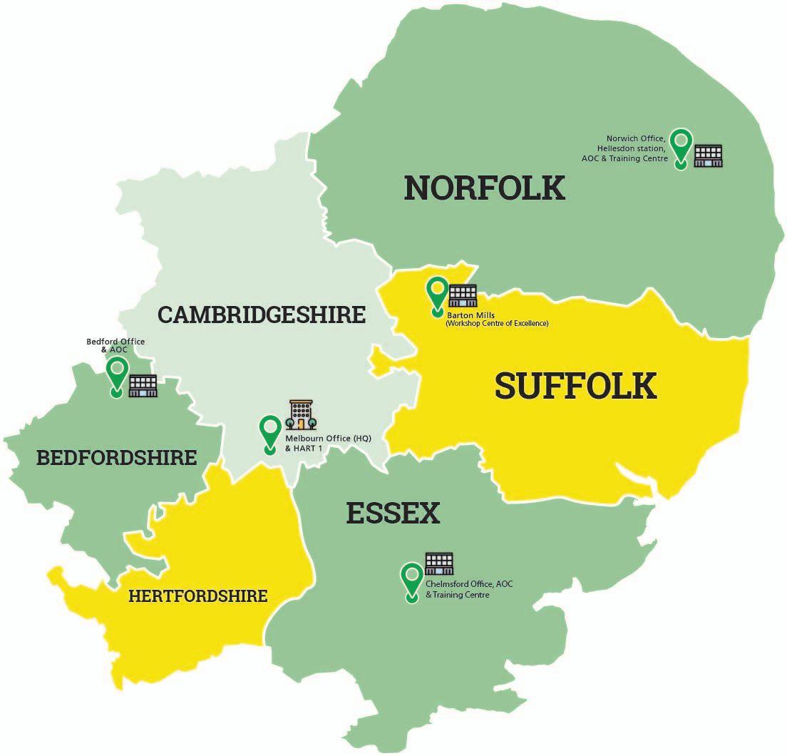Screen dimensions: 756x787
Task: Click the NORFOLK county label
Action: pyautogui.click(x=484, y=188)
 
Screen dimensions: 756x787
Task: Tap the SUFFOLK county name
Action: pyautogui.click(x=575, y=386)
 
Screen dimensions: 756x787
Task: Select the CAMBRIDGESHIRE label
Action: pyautogui.click(x=262, y=315)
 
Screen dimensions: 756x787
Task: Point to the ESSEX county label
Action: pyautogui.click(x=393, y=514)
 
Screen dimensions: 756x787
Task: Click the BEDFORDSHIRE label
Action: pyautogui.click(x=116, y=457)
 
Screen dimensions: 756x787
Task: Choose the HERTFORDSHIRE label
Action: pyautogui.click(x=197, y=596)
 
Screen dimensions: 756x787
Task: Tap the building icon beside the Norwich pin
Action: pyautogui.click(x=708, y=155)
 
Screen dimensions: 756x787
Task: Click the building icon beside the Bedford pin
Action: pyautogui.click(x=143, y=385)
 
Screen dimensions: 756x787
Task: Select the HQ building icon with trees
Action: pyautogui.click(x=300, y=414)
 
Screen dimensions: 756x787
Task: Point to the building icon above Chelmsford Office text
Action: pyautogui.click(x=439, y=563)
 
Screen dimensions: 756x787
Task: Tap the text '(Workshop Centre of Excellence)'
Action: pyautogui.click(x=497, y=324)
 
